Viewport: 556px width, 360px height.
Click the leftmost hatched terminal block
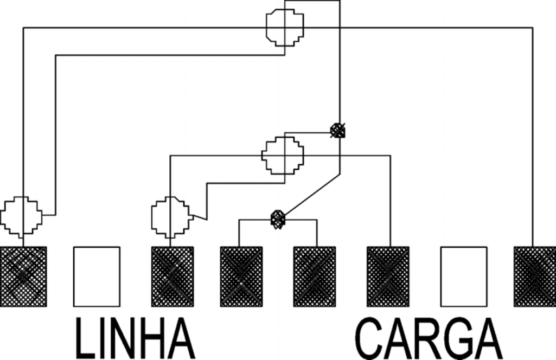pos(23,277)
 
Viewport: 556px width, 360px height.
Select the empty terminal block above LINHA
pos(97,277)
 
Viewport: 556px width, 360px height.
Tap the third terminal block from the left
pos(172,277)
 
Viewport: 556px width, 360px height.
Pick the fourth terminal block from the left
pos(241,277)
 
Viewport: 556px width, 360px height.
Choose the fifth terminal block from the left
pos(315,277)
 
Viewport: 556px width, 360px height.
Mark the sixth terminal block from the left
pos(388,277)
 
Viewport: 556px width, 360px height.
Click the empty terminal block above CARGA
pos(464,277)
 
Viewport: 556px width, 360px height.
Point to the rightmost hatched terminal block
pos(535,277)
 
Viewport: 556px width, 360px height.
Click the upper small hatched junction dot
pos(337,131)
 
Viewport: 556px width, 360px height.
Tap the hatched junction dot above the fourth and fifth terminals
pos(278,220)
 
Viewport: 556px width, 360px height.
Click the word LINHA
pos(135,338)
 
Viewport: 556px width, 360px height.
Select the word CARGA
pos(429,338)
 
